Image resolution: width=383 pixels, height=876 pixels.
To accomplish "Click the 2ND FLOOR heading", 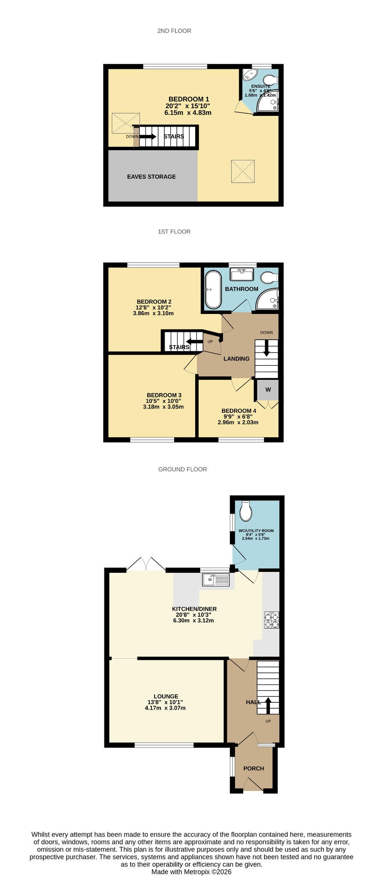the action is pos(174,31).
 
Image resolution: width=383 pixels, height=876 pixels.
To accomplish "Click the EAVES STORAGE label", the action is pos(151,177).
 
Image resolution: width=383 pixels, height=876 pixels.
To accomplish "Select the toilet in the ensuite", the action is pos(270,80).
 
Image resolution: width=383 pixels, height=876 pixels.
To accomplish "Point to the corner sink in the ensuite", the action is pos(249,75).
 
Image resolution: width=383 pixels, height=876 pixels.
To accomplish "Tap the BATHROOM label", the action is pos(242,289).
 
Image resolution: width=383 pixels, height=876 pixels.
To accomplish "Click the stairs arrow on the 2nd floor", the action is pos(148,136).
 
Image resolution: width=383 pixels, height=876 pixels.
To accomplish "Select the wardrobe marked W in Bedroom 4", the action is pos(268,390).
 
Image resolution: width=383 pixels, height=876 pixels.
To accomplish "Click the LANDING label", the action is pos(237,359).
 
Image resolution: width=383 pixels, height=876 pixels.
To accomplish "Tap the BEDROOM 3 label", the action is pos(164,395).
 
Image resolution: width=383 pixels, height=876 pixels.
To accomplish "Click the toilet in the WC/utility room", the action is pos(246,511).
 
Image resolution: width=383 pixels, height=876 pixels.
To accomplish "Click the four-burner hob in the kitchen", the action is pos(272,620).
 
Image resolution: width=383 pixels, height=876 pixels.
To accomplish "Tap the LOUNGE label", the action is pos(166,696).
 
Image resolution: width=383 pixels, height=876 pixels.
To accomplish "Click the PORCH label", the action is pos(254,769).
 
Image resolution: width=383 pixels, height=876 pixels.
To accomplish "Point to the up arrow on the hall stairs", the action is pos(268,706).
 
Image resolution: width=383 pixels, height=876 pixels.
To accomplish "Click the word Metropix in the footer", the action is pos(202,872).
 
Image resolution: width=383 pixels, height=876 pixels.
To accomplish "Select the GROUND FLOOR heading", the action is pos(183,469).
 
